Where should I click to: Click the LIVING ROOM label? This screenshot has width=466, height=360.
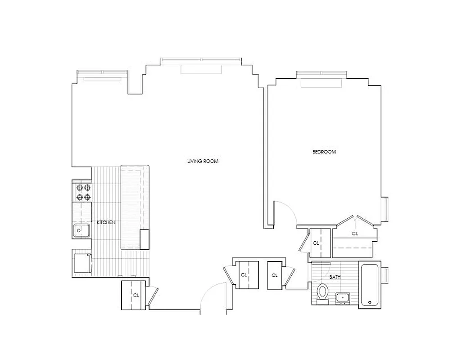(x=203, y=161)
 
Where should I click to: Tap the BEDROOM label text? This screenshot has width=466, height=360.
(x=324, y=152)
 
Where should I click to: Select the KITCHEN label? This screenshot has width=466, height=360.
(x=106, y=222)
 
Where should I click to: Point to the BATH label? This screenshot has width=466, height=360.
(x=335, y=277)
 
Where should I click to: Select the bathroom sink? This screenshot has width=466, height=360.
(x=343, y=297)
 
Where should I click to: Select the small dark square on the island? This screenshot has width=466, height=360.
(x=145, y=239)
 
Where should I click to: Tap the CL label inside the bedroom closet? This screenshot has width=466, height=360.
(x=355, y=234)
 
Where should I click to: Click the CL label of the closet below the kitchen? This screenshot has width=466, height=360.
(x=136, y=296)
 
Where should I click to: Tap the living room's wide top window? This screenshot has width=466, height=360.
(x=201, y=60)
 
